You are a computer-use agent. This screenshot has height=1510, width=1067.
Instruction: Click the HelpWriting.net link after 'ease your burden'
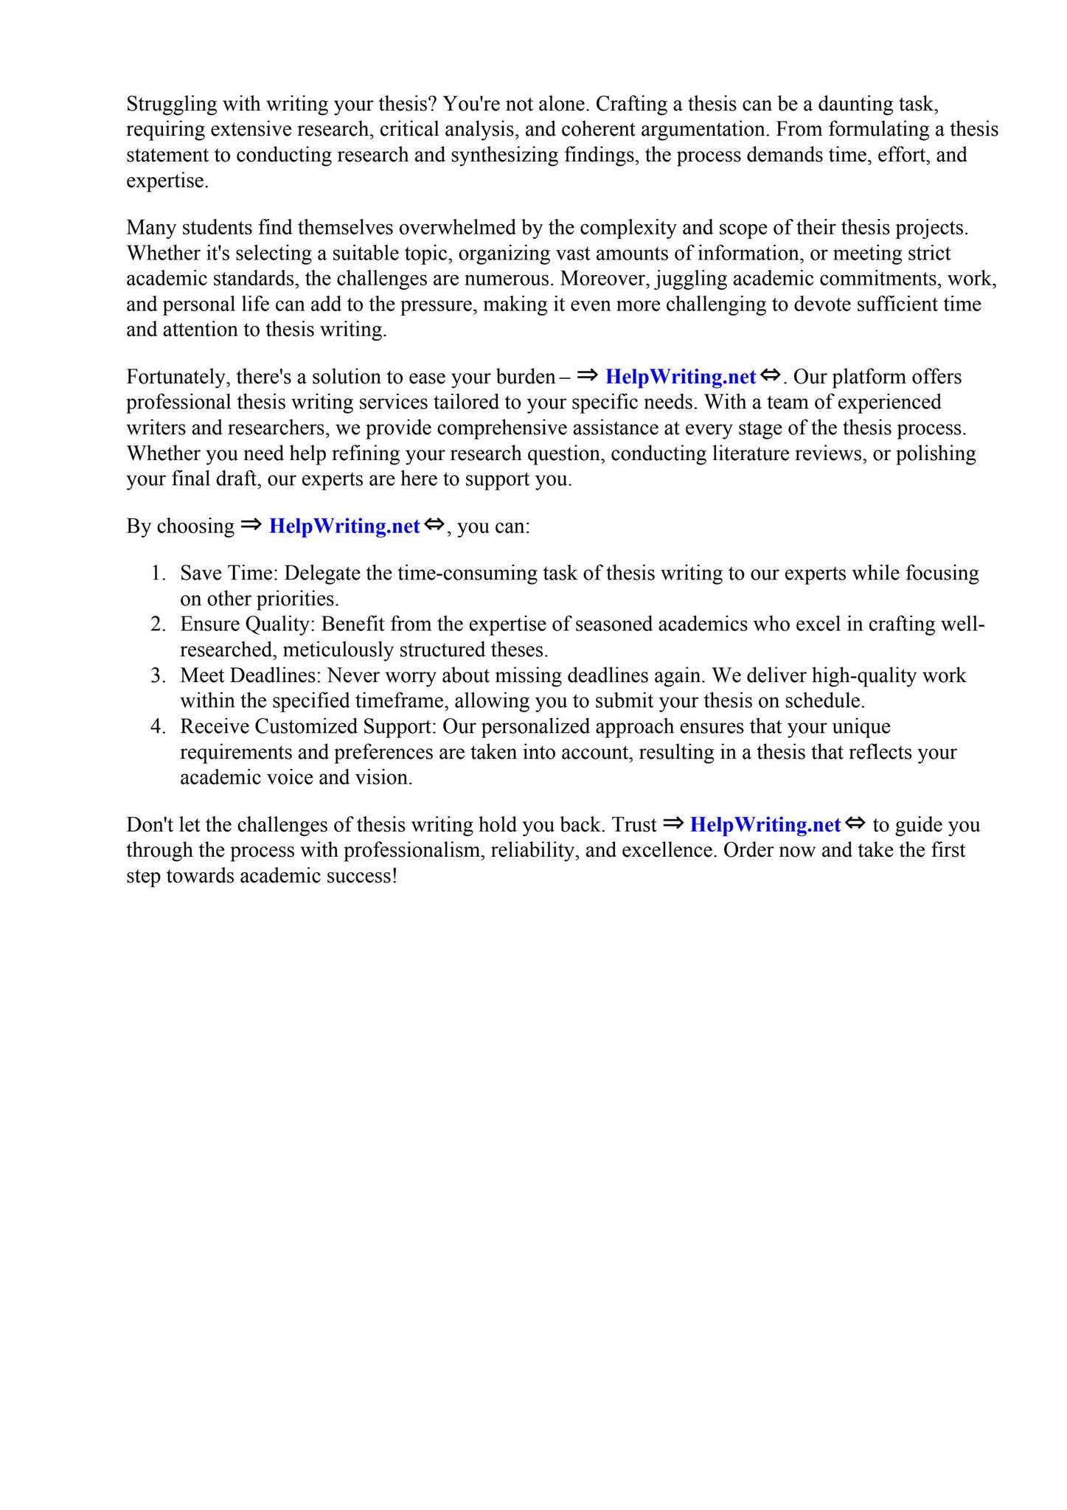pos(680,377)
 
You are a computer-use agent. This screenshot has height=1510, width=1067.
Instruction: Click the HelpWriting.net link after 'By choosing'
pos(344,526)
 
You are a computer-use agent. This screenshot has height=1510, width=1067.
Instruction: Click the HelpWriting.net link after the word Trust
pos(765,825)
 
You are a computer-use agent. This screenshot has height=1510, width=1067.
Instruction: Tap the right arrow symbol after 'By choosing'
pos(251,525)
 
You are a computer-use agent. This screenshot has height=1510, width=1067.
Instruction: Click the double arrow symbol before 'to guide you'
pos(855,824)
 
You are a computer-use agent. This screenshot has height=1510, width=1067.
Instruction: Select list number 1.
pos(158,574)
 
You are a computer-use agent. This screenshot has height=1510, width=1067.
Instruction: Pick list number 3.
pos(158,676)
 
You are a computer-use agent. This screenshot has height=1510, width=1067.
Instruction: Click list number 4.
pos(158,727)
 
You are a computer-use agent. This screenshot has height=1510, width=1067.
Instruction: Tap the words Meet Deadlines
pos(250,676)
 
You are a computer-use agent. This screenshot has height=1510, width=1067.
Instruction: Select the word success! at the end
pos(361,877)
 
